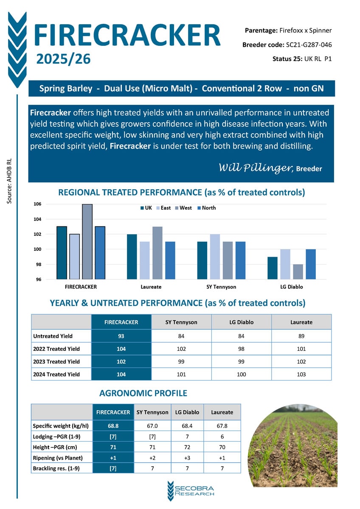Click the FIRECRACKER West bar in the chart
(x=87, y=242)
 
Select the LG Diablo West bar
(x=298, y=272)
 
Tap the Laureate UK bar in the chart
(x=132, y=257)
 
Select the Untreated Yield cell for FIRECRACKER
(x=121, y=336)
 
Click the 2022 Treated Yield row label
(x=56, y=349)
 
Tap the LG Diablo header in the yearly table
(x=242, y=322)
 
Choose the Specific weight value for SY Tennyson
(x=152, y=426)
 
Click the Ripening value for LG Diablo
(x=187, y=458)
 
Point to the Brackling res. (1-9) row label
(x=56, y=468)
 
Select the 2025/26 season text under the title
(x=64, y=59)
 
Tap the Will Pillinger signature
(x=255, y=168)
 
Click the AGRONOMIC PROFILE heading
(x=143, y=393)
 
